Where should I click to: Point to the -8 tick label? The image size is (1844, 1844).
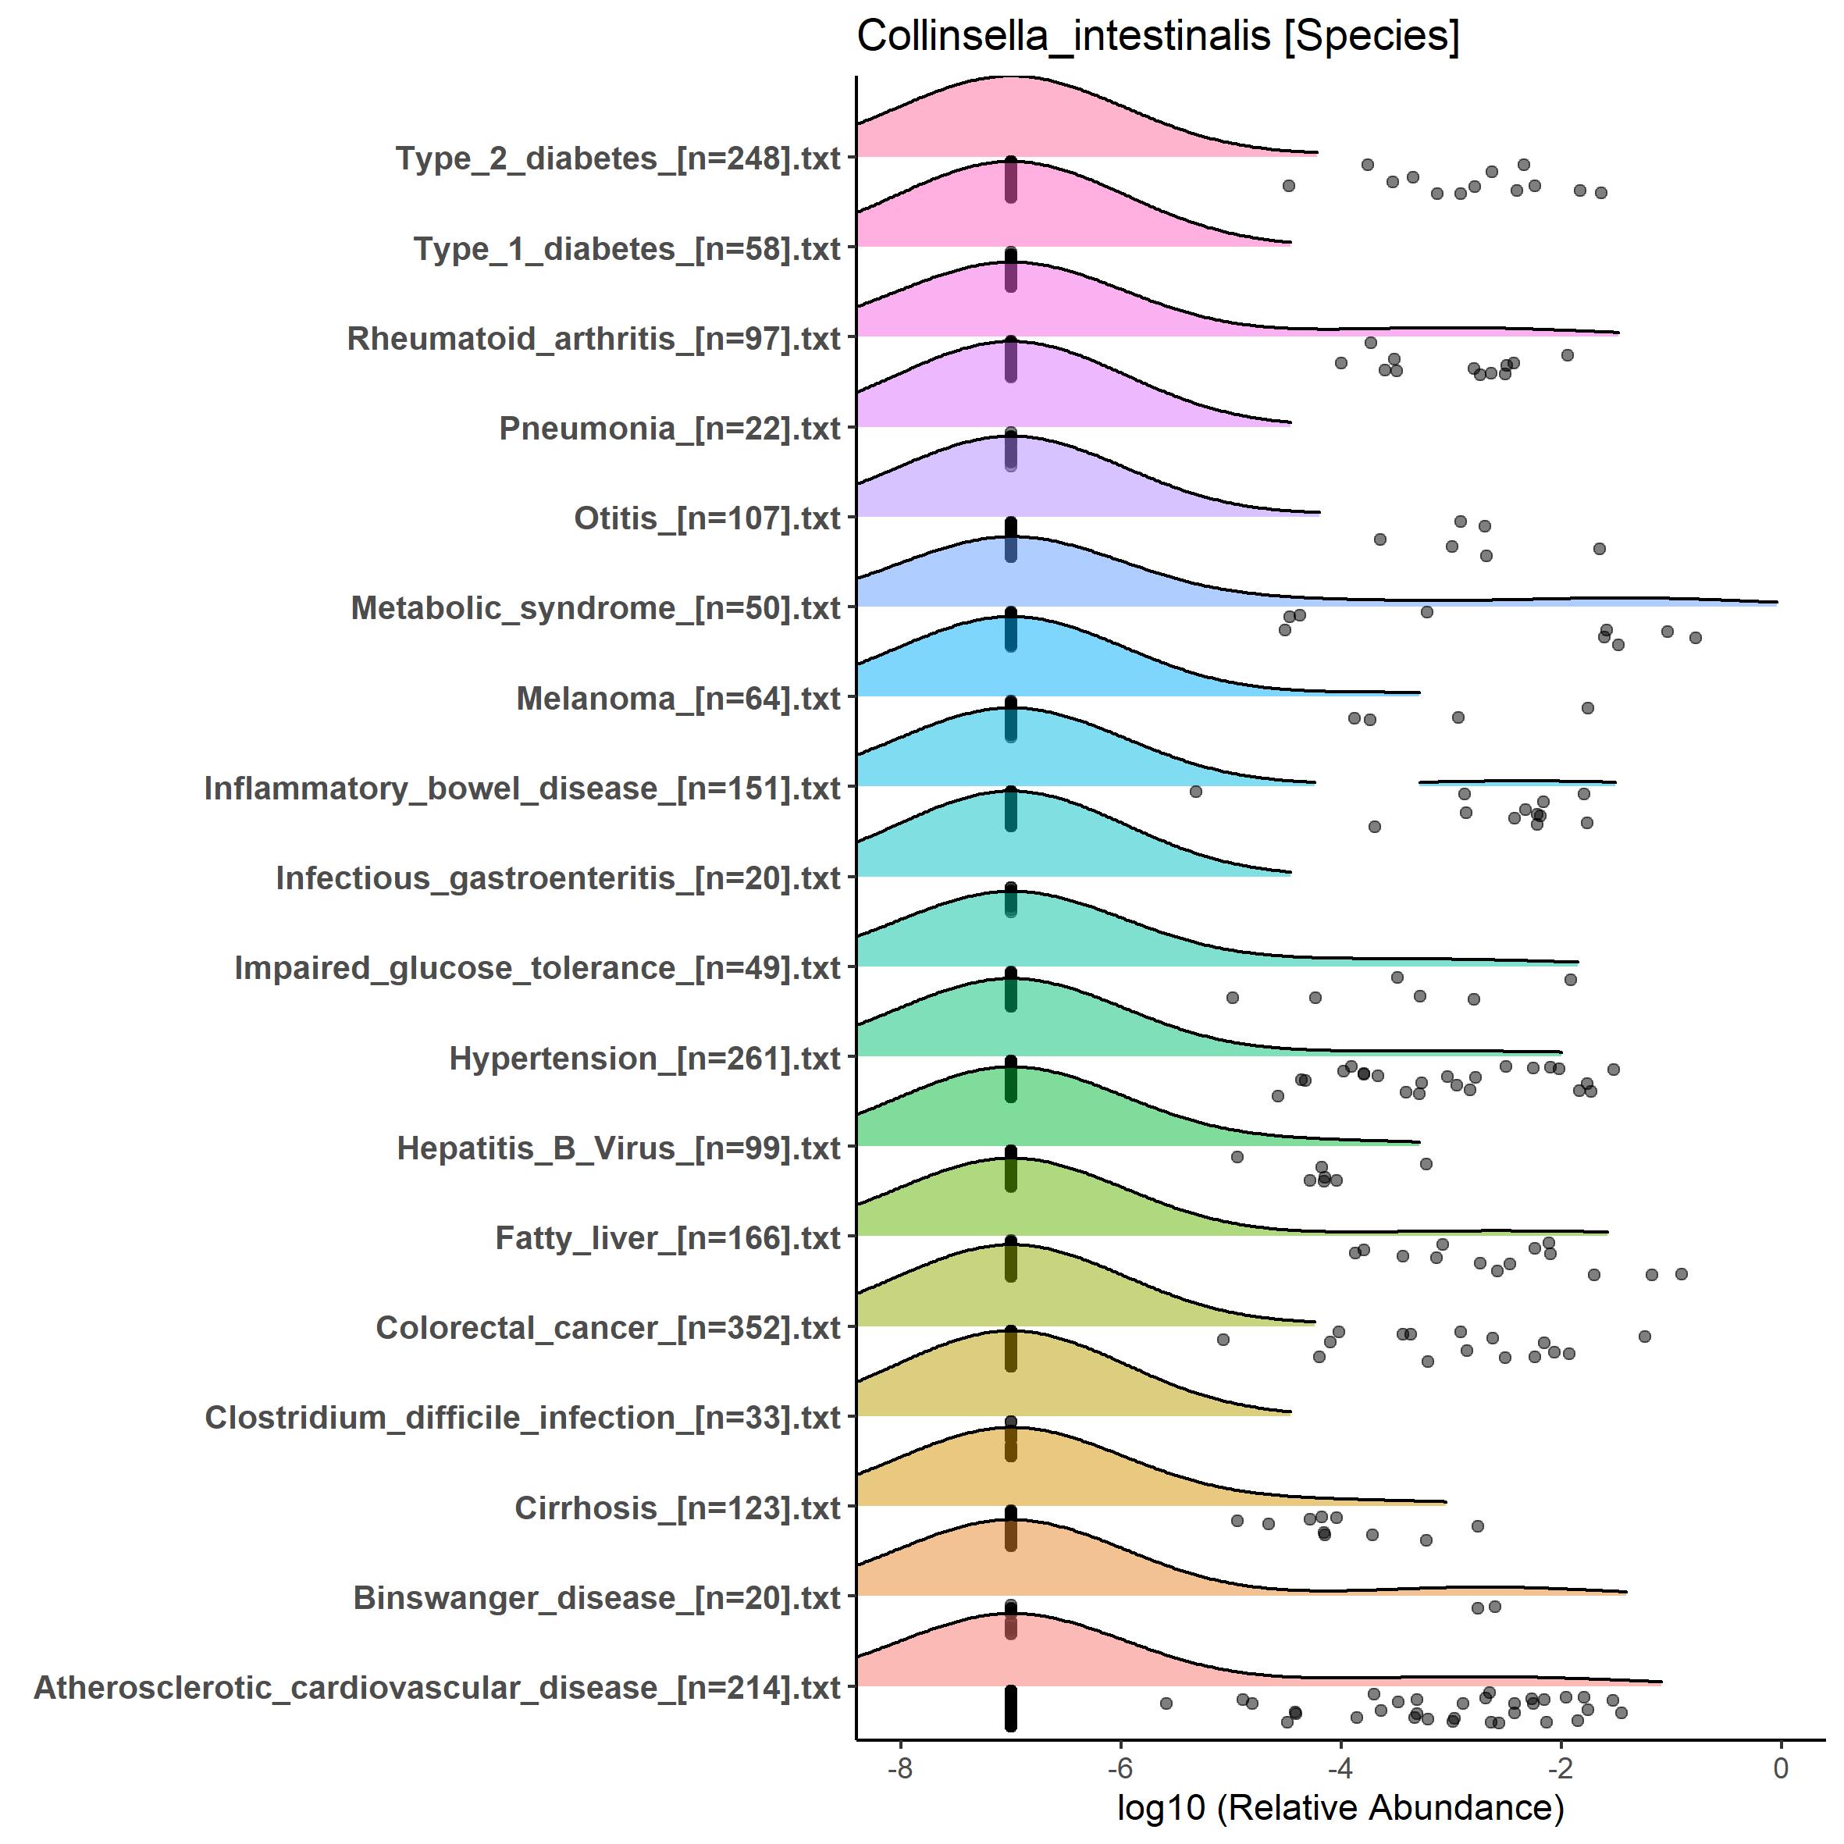point(900,1768)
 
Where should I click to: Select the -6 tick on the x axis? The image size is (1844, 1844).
point(1120,1768)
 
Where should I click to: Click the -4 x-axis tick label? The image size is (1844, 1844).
point(1340,1768)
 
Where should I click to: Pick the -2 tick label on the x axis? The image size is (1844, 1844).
point(1561,1768)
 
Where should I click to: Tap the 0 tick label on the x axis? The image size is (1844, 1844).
point(1780,1768)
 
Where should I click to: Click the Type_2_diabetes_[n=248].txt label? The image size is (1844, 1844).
point(618,158)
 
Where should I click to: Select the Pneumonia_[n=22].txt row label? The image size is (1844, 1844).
point(669,429)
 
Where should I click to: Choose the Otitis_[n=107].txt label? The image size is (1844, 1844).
point(707,518)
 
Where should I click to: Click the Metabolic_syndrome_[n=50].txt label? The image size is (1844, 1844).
point(596,608)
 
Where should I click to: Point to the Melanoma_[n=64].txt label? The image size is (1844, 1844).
point(678,699)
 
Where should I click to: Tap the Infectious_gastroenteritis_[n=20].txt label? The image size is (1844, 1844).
point(558,878)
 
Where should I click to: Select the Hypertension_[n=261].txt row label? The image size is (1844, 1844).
point(644,1059)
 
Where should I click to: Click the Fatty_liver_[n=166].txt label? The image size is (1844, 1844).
point(667,1238)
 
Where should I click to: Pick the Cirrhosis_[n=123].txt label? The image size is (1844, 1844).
point(677,1508)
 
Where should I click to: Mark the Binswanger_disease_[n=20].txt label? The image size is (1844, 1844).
point(596,1598)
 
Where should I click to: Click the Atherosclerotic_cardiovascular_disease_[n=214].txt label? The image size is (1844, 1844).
point(437,1687)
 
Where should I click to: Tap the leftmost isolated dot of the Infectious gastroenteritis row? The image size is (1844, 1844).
point(1196,792)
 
